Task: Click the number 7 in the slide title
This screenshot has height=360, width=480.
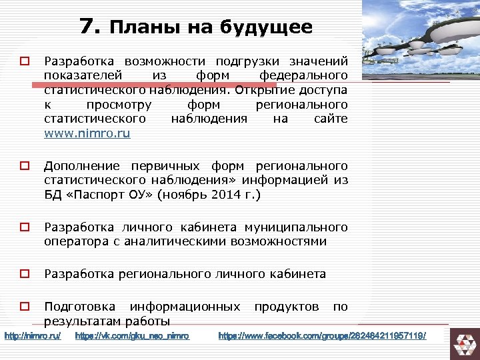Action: pyautogui.click(x=88, y=26)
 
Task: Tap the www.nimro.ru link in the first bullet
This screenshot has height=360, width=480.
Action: pyautogui.click(x=87, y=133)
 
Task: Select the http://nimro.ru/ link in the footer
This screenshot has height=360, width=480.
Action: pyautogui.click(x=33, y=335)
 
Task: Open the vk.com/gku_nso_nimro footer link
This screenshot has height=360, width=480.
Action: pyautogui.click(x=133, y=335)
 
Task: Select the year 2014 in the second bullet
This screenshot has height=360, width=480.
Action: pyautogui.click(x=222, y=195)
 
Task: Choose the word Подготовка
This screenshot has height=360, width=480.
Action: pyautogui.click(x=79, y=307)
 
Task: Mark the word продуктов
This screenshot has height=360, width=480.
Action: pyautogui.click(x=287, y=307)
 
